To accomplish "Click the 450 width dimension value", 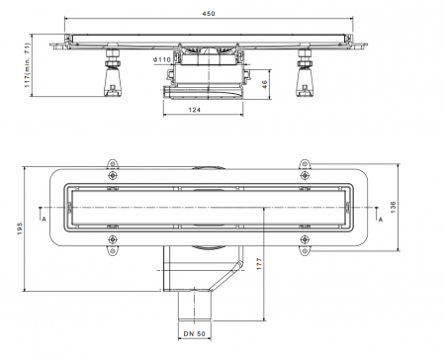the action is pos(209,14).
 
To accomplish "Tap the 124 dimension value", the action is pos(195,110).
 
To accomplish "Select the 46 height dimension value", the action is pos(264,84).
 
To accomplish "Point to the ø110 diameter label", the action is pos(162,60).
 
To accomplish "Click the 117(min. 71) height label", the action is pos(28,65).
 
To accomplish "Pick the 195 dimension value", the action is pos(20,228).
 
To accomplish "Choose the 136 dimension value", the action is pos(393,207).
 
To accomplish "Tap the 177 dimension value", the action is pos(259,264).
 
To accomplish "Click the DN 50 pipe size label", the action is pos(195,333).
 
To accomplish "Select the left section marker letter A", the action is pos(44,219).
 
